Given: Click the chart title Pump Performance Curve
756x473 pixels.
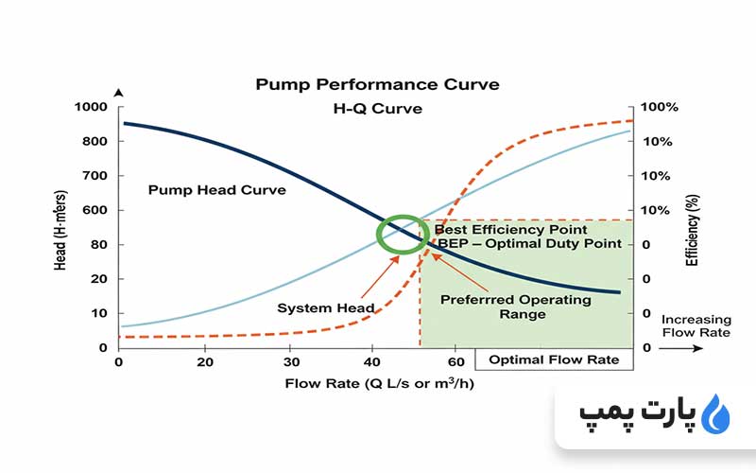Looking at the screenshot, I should tap(377, 84).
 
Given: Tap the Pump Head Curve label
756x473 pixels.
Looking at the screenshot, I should tap(217, 189).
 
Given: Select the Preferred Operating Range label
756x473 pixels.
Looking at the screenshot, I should tap(516, 307).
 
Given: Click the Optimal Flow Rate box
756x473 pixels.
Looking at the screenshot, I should tap(554, 359).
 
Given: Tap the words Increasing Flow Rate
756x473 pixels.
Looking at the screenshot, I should tap(696, 325).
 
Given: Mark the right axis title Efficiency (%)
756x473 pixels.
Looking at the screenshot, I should tap(692, 228).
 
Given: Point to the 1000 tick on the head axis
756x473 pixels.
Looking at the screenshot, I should tap(91, 107).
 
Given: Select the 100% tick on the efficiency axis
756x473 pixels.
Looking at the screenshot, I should tap(659, 107).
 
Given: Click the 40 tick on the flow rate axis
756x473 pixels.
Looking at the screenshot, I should tap(376, 361).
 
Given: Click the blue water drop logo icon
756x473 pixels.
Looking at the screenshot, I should tap(719, 413).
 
